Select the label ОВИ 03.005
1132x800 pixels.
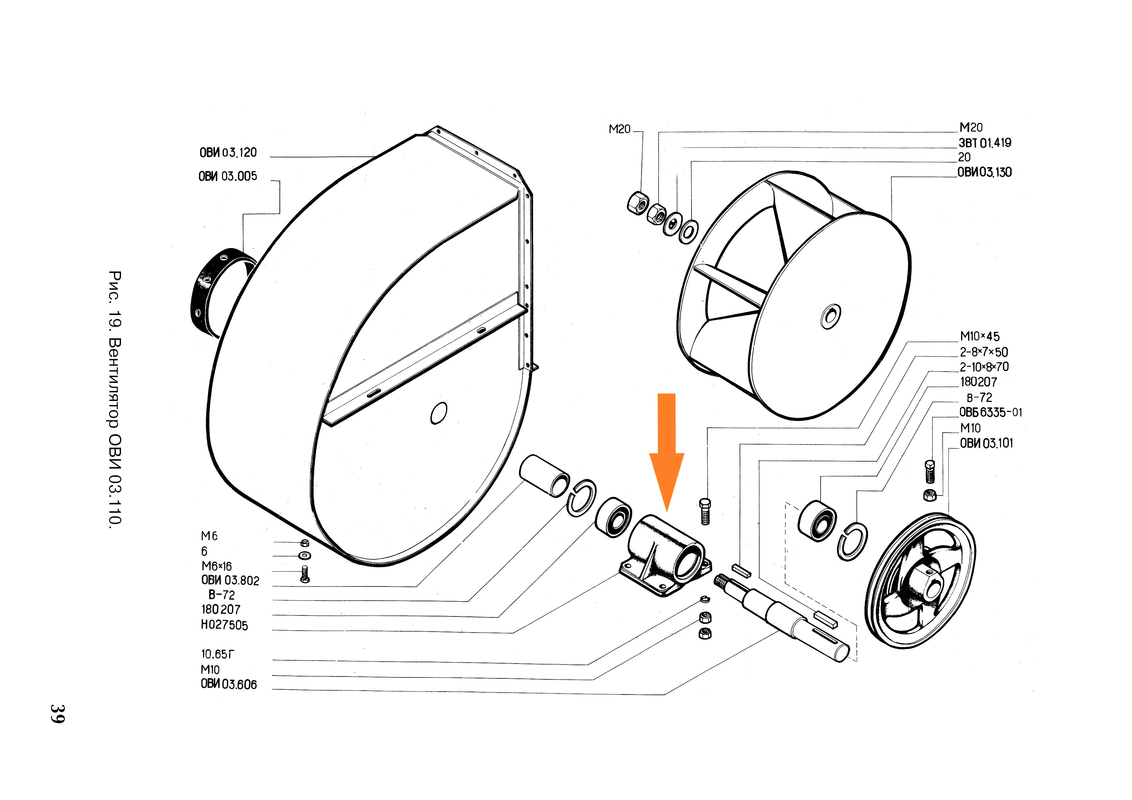pos(228,176)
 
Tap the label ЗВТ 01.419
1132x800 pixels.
pos(985,143)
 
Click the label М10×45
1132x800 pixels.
pos(980,337)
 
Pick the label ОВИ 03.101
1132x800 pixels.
pos(986,443)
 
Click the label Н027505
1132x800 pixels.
pos(224,625)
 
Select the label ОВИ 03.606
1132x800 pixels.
pos(229,684)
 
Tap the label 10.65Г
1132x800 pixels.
pos(217,654)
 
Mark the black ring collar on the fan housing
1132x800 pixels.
pos(217,291)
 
